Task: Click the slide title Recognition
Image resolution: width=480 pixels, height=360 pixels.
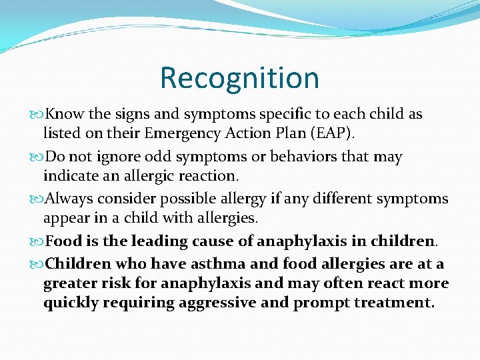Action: pyautogui.click(x=239, y=77)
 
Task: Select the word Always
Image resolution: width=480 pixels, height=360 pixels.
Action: pyautogui.click(x=71, y=198)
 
